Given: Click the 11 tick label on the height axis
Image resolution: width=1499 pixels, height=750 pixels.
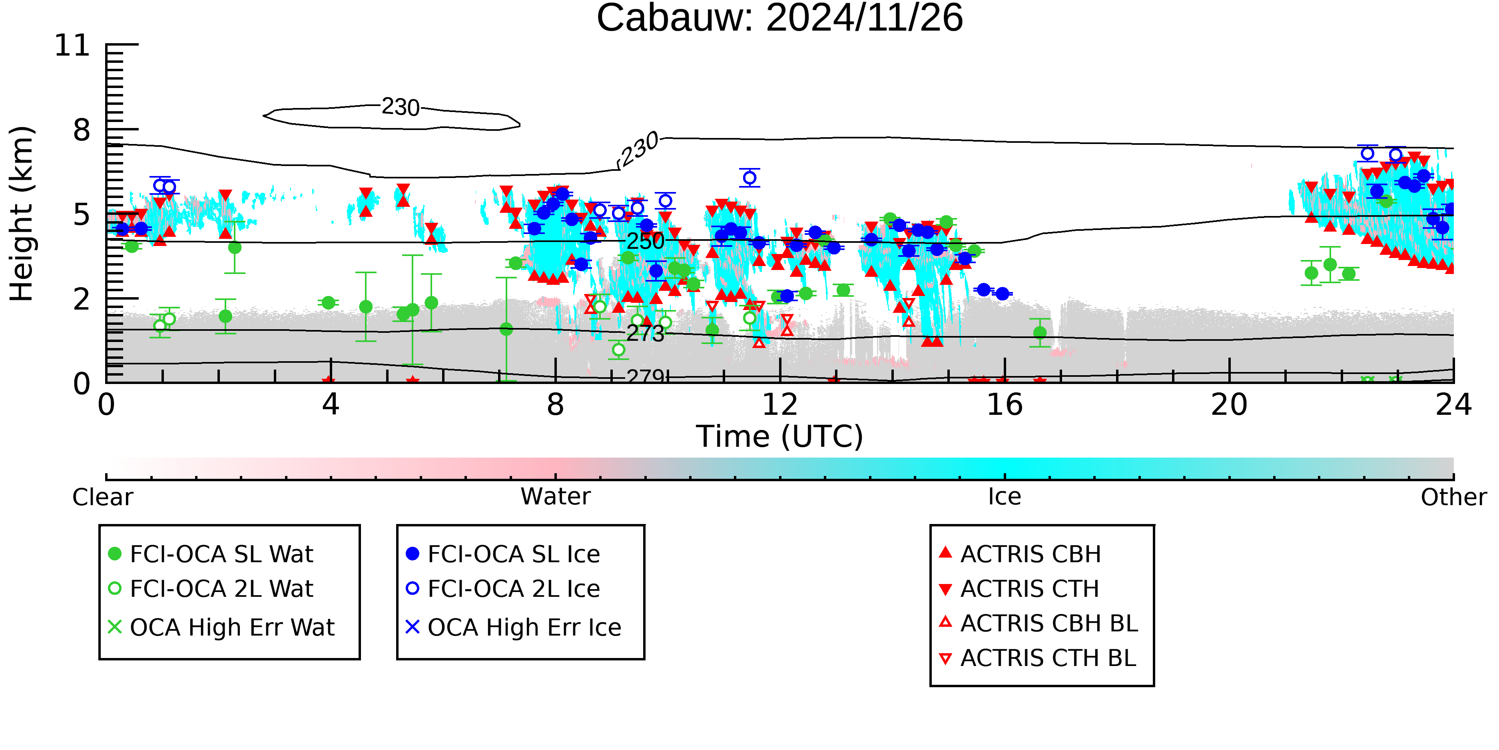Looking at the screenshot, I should (x=72, y=46).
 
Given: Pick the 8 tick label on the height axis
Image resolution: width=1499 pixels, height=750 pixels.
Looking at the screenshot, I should (x=82, y=130).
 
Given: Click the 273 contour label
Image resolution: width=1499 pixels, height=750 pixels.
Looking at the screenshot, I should (x=645, y=333).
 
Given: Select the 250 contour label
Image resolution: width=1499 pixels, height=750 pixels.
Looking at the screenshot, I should (x=645, y=240).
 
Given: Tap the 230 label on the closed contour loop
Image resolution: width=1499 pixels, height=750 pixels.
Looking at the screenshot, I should (x=401, y=107).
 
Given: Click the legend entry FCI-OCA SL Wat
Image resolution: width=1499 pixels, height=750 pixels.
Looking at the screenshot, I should (x=221, y=554).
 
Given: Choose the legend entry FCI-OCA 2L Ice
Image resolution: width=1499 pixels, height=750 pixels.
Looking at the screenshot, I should (x=513, y=589).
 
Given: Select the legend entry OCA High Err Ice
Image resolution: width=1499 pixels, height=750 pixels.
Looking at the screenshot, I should (x=524, y=627).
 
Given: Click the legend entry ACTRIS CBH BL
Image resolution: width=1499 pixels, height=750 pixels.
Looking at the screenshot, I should (x=1049, y=623).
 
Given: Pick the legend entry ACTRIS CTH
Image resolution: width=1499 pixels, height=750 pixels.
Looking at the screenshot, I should (x=1029, y=589).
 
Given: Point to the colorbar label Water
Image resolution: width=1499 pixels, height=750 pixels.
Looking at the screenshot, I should (x=555, y=497).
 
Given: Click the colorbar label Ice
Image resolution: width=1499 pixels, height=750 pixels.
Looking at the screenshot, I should (x=1005, y=497).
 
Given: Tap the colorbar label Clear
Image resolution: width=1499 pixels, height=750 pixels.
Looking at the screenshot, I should (x=102, y=497).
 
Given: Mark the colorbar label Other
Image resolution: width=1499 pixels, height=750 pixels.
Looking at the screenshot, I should (x=1453, y=497).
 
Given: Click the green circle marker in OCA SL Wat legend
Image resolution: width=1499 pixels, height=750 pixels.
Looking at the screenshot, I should (x=115, y=554).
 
